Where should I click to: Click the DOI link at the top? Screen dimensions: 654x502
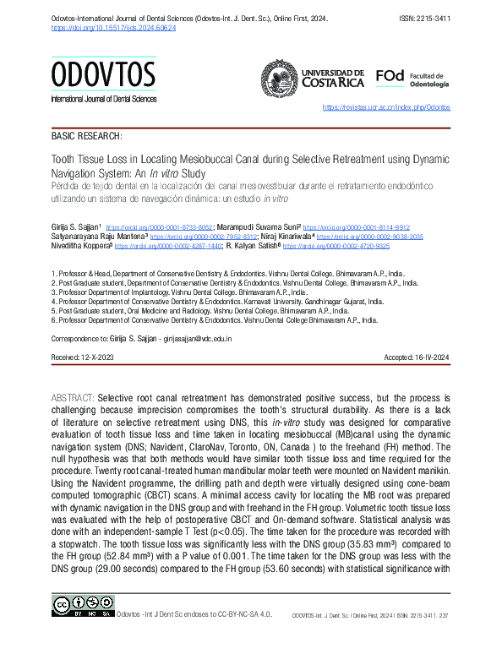114,27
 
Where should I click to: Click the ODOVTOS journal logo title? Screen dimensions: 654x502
103,76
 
